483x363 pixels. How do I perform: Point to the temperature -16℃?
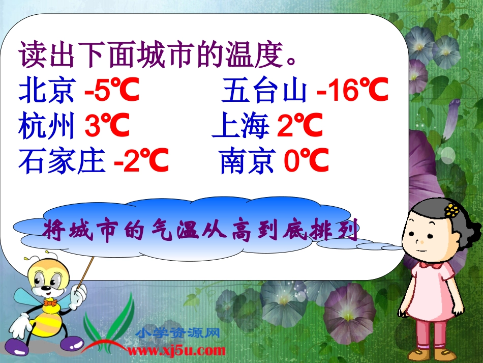click(x=352, y=92)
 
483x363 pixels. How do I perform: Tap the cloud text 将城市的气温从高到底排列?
click(x=201, y=230)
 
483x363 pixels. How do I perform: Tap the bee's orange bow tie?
click(x=50, y=302)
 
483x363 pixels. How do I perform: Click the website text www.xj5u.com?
click(x=176, y=350)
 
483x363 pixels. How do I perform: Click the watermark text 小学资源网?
click(x=178, y=334)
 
